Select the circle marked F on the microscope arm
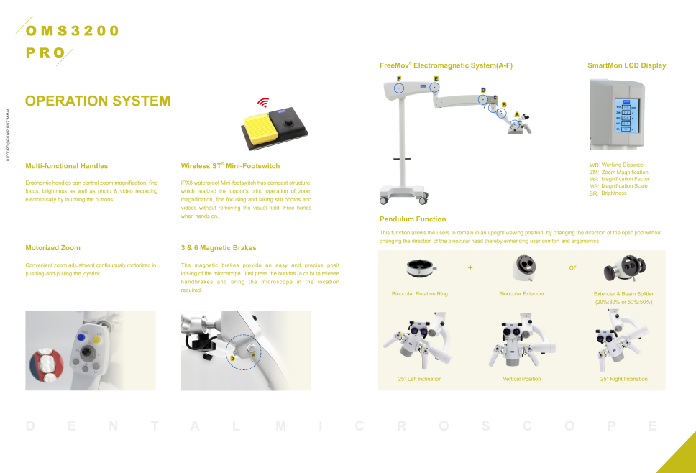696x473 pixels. click(399, 87)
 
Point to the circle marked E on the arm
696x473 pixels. click(435, 86)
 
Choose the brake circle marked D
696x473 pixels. click(483, 99)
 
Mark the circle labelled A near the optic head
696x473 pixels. click(515, 125)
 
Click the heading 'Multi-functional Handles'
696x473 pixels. click(66, 166)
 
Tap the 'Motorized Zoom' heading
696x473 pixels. click(52, 248)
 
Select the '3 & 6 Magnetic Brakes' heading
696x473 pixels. click(219, 248)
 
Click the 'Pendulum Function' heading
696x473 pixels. click(413, 219)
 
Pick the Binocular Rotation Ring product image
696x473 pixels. click(419, 268)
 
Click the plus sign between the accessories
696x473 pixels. click(470, 267)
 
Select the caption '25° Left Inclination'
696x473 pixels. click(420, 379)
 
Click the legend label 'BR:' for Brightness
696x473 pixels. click(594, 193)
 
